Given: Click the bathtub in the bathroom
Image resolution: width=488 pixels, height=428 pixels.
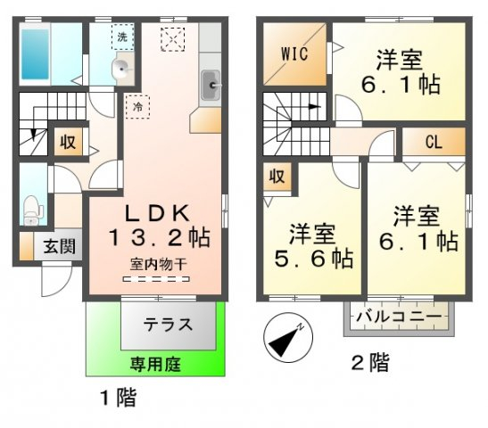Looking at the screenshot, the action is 35,53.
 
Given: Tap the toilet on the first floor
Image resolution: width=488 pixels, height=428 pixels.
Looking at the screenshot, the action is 31,210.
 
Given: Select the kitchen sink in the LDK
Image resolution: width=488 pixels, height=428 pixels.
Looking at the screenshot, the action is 211,85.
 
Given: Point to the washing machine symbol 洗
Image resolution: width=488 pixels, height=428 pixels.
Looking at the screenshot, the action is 122,37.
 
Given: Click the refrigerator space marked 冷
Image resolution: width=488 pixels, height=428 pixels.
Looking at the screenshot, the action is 137,107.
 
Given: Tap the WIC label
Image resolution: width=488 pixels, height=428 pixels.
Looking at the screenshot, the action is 294,53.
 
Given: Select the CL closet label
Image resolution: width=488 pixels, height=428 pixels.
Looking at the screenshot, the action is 434,143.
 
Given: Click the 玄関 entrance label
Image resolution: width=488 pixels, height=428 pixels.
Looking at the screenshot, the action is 60,246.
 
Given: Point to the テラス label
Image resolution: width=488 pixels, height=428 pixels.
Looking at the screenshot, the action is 168,325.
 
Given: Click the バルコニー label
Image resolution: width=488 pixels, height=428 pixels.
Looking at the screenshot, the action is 399,317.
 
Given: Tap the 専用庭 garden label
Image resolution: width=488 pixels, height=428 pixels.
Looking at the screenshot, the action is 155,364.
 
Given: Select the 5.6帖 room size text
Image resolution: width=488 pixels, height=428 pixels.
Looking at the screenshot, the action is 314,259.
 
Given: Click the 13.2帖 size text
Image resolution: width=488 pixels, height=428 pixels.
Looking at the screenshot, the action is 159,238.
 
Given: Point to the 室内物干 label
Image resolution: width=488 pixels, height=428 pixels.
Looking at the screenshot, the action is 159,265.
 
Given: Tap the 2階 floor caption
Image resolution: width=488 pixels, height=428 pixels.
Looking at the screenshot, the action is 370,362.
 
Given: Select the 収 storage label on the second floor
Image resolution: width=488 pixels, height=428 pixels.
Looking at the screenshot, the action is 277,177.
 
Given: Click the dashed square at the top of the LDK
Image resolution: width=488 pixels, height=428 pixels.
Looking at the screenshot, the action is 173,39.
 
